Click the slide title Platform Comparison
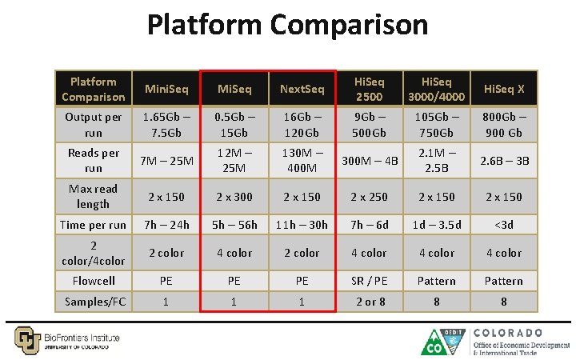coord(287,25)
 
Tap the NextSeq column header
coord(302,89)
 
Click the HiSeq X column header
coord(502,89)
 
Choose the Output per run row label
coord(94,124)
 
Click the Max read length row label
coord(94,196)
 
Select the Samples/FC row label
coord(94,301)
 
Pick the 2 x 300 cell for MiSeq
coord(234,197)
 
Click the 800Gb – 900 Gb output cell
coord(502,124)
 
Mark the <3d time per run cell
coord(502,225)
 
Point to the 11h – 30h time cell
coord(302,225)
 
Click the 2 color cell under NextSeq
coord(302,253)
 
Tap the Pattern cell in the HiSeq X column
coord(502,281)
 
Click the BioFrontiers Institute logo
coord(68,338)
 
